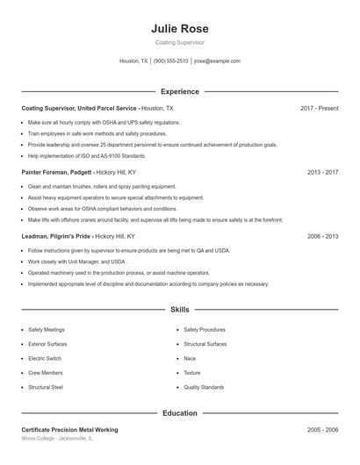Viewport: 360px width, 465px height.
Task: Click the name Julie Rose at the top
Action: click(180, 29)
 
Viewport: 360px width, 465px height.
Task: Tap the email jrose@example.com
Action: click(217, 61)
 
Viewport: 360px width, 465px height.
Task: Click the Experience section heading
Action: click(180, 91)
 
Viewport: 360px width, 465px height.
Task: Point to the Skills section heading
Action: click(180, 310)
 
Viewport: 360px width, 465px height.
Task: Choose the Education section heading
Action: click(180, 412)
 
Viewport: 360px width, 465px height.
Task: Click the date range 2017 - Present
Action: click(319, 108)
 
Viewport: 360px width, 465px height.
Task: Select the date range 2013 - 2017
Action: click(322, 172)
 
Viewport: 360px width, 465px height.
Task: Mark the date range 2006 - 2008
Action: click(322, 236)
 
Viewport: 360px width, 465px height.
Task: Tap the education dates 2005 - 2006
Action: click(322, 430)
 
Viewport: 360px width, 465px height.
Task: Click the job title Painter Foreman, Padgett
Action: click(55, 172)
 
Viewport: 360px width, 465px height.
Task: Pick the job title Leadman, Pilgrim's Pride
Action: click(56, 236)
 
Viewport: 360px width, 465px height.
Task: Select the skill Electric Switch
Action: click(44, 358)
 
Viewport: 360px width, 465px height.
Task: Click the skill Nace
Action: click(190, 358)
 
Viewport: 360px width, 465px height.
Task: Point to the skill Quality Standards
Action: click(204, 387)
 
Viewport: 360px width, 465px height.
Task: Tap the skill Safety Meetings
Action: click(47, 330)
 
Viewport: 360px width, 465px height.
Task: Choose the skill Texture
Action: click(192, 373)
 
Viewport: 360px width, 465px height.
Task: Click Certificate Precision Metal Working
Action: click(69, 430)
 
